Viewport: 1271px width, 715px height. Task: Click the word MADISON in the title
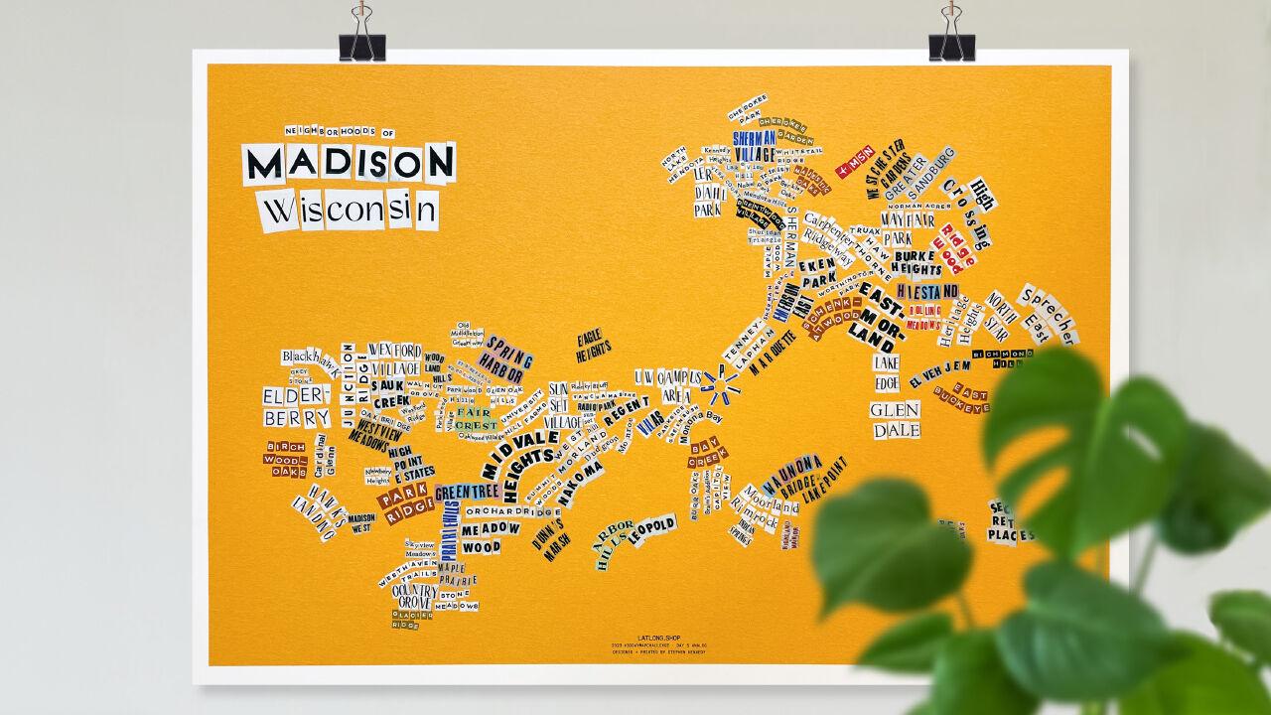point(349,163)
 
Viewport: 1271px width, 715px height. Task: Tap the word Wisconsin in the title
point(349,211)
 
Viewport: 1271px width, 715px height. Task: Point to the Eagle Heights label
point(593,345)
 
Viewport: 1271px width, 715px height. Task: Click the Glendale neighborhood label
point(896,420)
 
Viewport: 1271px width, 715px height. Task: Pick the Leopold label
point(651,528)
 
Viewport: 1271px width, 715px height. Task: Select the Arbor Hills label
point(613,542)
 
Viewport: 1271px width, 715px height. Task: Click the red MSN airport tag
point(855,160)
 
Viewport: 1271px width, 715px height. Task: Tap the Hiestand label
point(927,291)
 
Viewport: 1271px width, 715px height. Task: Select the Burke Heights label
point(916,261)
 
